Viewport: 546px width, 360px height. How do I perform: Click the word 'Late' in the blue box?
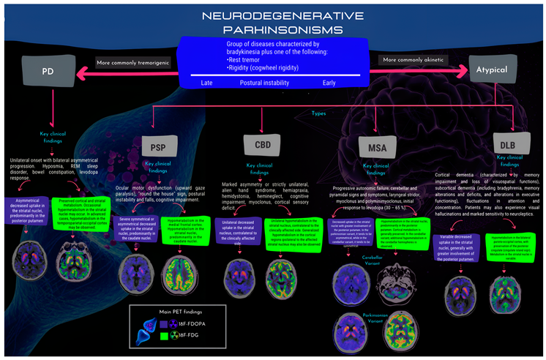[x=207, y=83]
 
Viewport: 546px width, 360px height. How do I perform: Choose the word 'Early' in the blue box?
[x=329, y=83]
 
